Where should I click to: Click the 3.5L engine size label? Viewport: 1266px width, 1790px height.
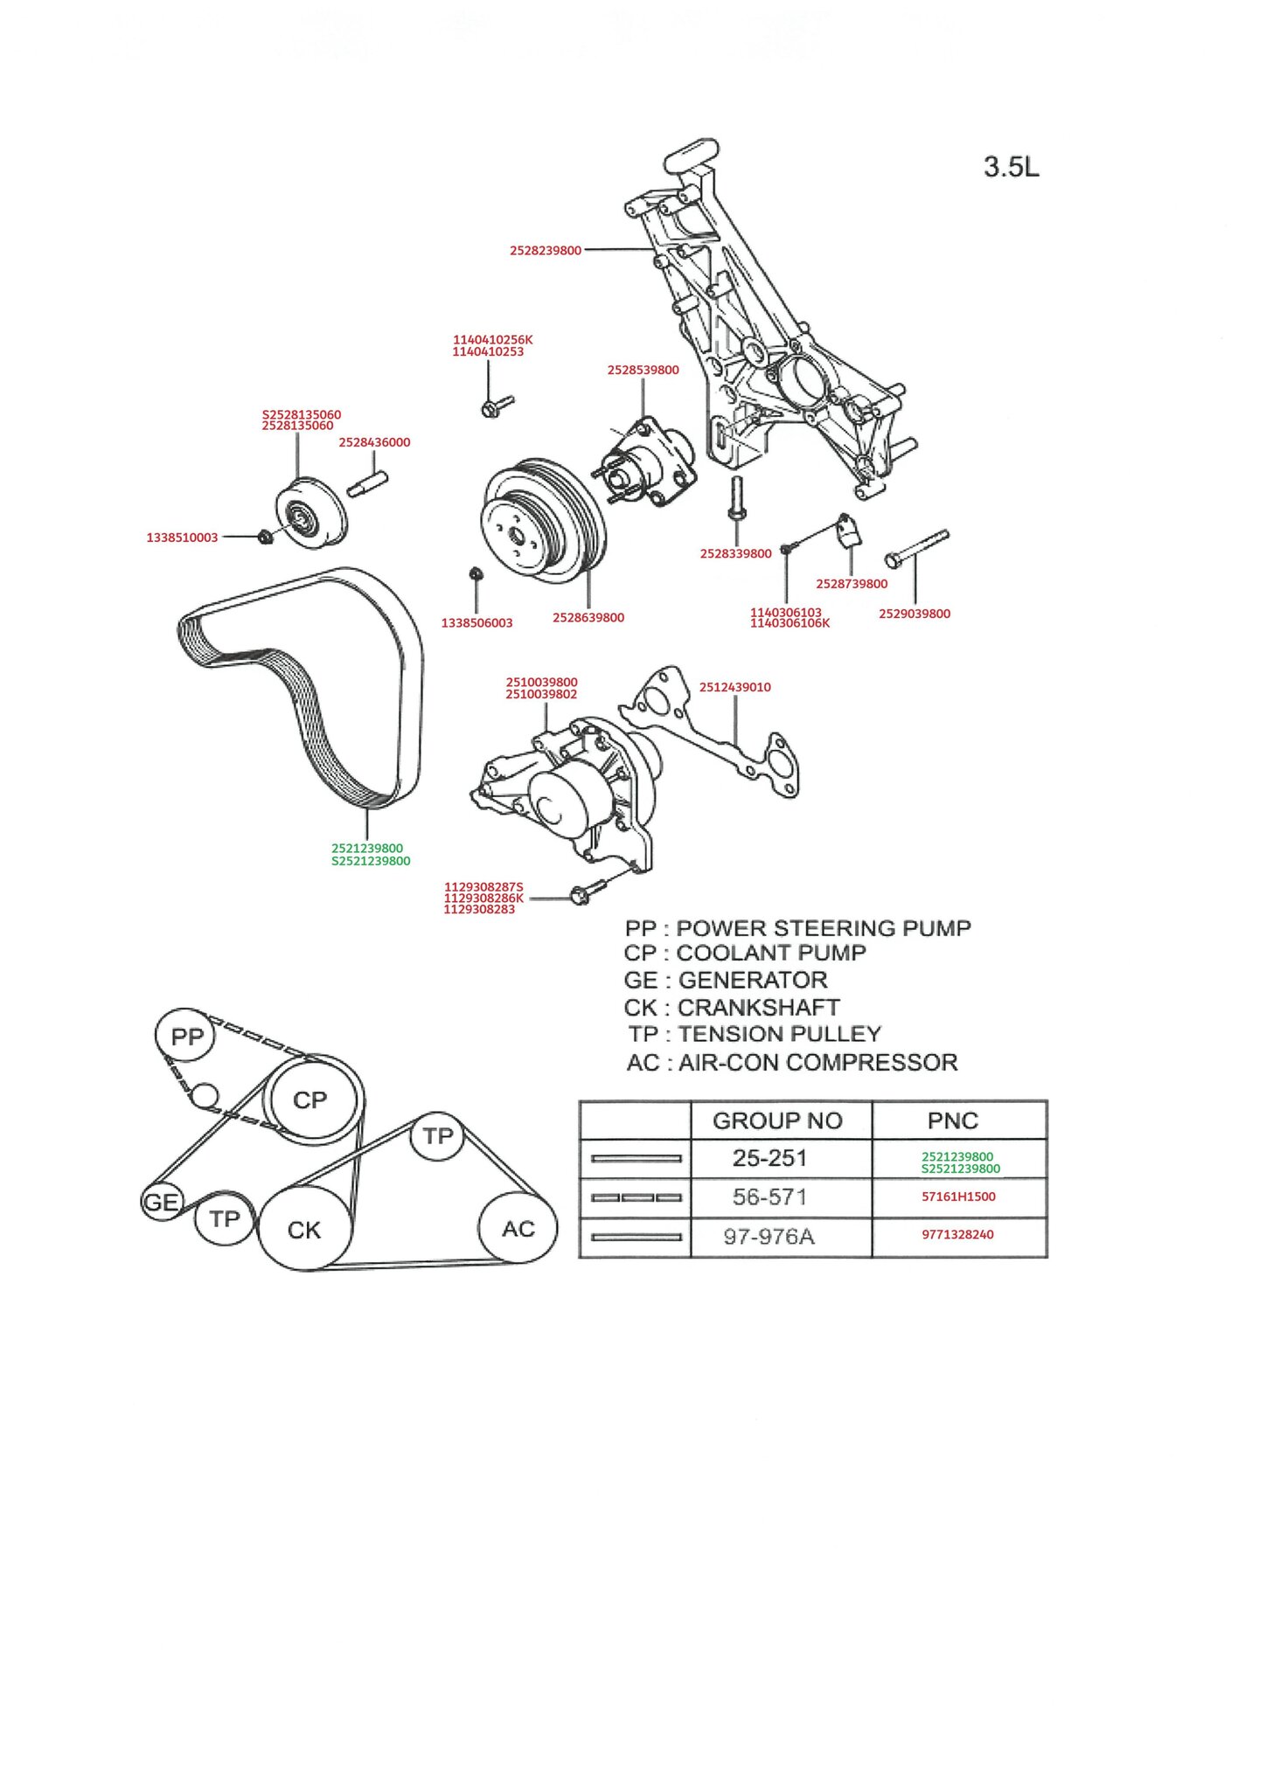pos(1011,166)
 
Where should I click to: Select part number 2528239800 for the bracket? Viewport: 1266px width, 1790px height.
pos(546,251)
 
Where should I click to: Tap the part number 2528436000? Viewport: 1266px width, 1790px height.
pos(374,442)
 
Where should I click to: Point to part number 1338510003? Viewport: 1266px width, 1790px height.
pos(182,538)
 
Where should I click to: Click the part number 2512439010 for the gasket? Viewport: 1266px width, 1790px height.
pos(734,687)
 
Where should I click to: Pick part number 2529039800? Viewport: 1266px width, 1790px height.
pos(914,614)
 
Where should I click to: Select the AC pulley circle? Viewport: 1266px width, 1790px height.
pos(518,1229)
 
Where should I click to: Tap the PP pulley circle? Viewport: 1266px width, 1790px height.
pos(186,1037)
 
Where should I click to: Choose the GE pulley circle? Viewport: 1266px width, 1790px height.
pos(161,1203)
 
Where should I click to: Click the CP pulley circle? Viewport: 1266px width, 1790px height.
pos(310,1100)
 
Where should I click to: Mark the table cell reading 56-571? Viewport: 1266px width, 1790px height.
pos(769,1197)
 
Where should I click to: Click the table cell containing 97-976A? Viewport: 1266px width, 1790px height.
pos(769,1236)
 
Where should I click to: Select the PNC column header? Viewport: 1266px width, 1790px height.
pos(952,1120)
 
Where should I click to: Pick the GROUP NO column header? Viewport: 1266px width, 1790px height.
pos(777,1120)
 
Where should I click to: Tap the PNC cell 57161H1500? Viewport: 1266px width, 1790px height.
pos(958,1197)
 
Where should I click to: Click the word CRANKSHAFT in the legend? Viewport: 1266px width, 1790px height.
pos(758,1007)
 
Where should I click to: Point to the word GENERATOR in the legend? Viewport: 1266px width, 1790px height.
pos(752,980)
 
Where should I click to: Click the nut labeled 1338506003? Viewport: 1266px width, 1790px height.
pos(476,574)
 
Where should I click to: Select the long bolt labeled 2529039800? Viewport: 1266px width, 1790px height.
pos(916,547)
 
